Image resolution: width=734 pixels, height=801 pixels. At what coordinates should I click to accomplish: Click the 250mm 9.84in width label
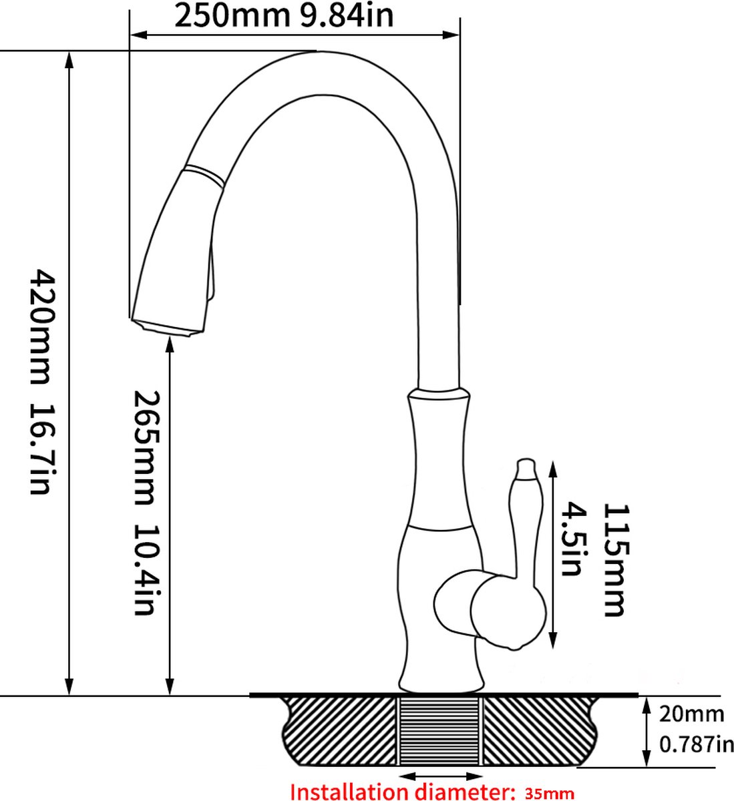pyautogui.click(x=284, y=15)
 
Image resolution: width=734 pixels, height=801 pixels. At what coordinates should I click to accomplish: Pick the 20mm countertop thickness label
pyautogui.click(x=691, y=714)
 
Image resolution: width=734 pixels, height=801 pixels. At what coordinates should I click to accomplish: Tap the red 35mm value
pyautogui.click(x=549, y=794)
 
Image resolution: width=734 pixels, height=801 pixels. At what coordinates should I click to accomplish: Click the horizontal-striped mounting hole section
pyautogui.click(x=439, y=732)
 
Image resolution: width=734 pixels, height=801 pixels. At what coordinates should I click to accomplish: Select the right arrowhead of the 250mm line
pyautogui.click(x=455, y=35)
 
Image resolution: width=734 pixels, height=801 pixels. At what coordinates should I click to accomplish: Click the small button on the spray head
pyautogui.click(x=213, y=274)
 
